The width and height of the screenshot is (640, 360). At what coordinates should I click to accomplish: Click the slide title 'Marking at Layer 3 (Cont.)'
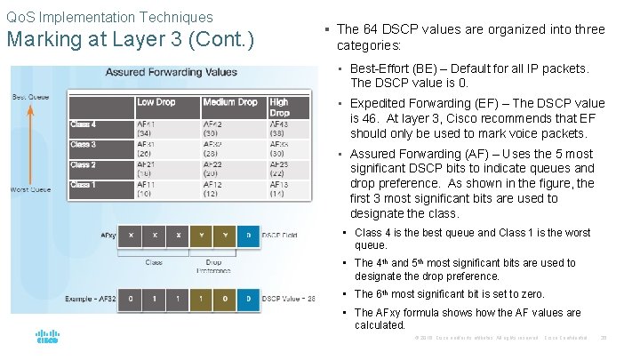[130, 41]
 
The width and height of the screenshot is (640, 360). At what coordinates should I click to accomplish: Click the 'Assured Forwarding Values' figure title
[172, 72]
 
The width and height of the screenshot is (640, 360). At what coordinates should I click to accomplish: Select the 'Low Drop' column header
[156, 102]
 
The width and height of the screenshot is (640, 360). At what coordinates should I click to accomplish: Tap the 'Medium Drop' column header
[230, 102]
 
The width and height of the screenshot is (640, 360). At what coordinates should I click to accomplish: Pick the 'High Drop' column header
[279, 107]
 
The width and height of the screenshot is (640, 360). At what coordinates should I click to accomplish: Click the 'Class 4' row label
[84, 124]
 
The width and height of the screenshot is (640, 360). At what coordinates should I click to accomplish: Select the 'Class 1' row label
[84, 185]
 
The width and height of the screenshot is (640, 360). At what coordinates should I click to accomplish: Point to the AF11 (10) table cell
[149, 188]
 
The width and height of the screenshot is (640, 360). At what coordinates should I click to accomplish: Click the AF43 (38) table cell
[279, 129]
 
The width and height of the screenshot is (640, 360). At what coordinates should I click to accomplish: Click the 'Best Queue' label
[28, 96]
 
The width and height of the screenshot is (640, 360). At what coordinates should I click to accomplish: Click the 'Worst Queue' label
[32, 188]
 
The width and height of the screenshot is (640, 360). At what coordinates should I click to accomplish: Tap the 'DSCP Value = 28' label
[290, 300]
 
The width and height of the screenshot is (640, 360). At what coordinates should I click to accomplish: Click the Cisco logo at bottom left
[47, 339]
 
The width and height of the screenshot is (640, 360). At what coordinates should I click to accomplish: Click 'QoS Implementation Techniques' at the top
[110, 17]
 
